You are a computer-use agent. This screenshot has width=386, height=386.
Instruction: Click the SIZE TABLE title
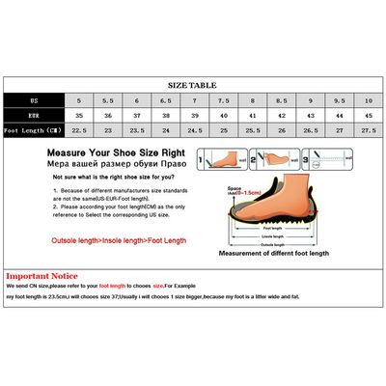coord(192,85)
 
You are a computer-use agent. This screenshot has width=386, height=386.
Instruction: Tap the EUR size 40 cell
coord(225,115)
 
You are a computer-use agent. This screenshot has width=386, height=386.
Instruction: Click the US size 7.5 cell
coord(225,99)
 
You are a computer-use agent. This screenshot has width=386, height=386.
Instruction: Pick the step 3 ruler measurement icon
coord(329,159)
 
